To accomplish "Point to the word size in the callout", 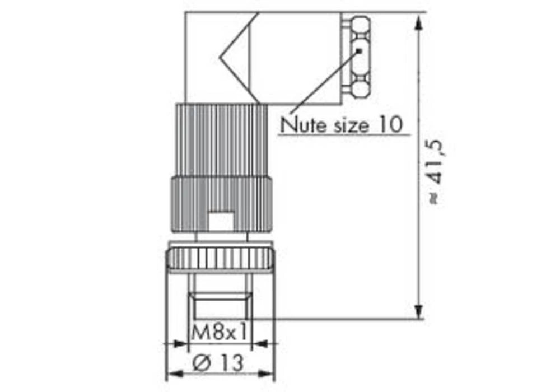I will pos(348,124).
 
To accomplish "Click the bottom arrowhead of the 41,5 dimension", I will pos(418,311).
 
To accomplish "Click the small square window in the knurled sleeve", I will pos(220,220).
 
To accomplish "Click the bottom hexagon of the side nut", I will pos(360,88).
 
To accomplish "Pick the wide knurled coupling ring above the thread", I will pos(220,259).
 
